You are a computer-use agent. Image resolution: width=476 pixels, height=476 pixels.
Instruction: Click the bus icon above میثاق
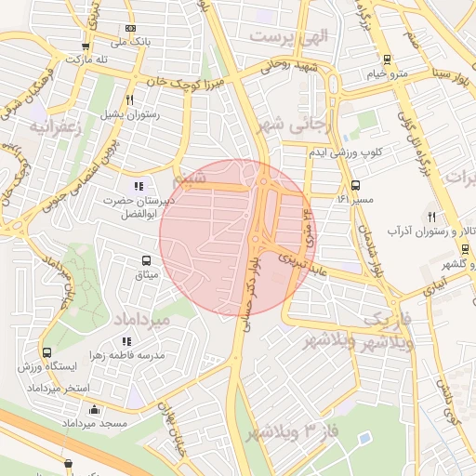click(x=146, y=261)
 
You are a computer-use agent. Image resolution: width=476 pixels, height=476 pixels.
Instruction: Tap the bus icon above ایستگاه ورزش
click(x=46, y=352)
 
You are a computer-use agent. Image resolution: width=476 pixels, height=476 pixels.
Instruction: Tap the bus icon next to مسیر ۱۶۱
click(x=357, y=185)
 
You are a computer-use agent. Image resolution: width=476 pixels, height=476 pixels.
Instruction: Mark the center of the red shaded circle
click(x=238, y=238)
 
